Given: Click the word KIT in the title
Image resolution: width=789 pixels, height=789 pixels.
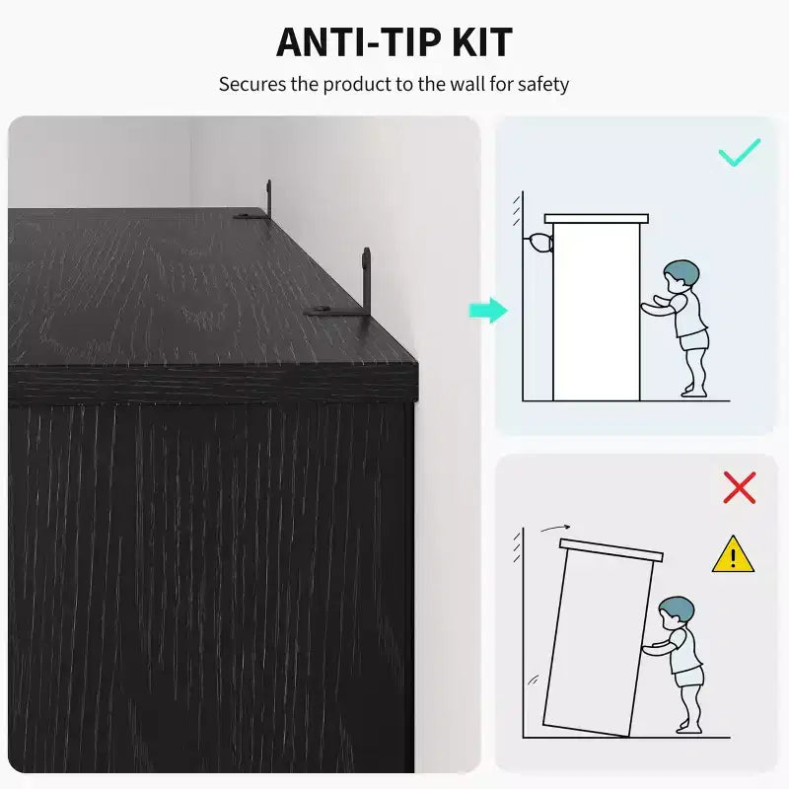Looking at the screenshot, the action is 482,42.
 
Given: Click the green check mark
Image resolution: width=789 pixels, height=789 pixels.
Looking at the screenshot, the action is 739,152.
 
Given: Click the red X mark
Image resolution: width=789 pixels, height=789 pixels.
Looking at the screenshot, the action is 739,487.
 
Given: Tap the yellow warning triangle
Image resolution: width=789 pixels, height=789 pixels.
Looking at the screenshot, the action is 733,555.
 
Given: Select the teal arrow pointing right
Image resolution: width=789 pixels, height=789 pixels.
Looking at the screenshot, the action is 488,310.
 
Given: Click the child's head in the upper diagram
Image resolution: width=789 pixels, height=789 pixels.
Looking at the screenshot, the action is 681,276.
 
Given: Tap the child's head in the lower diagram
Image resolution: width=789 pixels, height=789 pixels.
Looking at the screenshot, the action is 677,612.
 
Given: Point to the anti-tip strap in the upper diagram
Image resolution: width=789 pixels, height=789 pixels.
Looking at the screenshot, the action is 539,243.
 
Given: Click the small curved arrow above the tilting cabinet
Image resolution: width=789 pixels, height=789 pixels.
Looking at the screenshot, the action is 555,528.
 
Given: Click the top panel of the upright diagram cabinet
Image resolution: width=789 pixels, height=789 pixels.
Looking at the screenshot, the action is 597,218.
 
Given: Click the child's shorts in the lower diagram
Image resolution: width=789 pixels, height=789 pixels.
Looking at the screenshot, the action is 688,677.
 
